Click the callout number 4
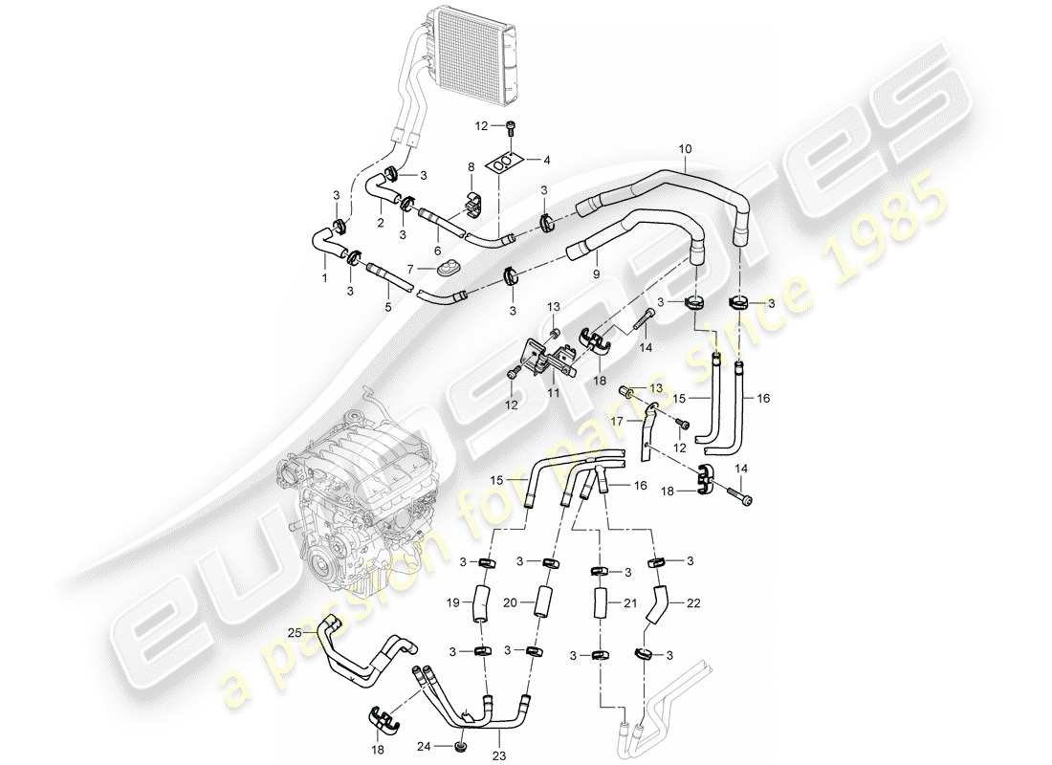[547, 161]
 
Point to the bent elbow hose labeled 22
[661, 606]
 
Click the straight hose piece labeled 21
[600, 605]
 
